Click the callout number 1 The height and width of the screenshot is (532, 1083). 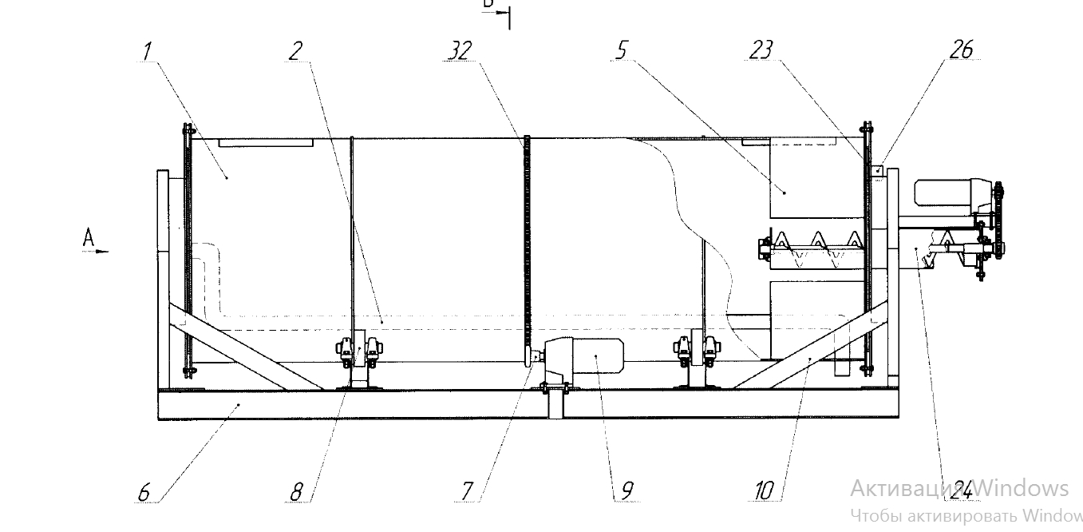(147, 52)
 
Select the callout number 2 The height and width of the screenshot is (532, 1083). (296, 52)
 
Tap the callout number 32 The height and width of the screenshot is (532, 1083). (460, 52)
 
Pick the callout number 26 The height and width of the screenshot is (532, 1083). (961, 50)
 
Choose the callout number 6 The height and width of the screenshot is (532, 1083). (144, 491)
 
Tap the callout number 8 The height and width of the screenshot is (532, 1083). (296, 491)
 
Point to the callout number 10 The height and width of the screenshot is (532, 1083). (764, 491)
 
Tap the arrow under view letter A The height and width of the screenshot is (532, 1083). (96, 251)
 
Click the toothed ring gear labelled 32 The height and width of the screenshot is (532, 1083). (527, 248)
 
